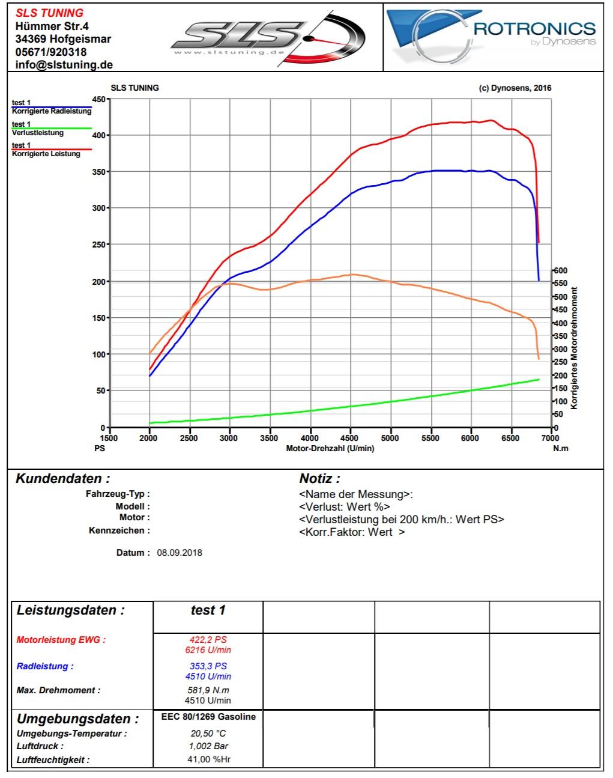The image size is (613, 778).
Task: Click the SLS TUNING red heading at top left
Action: pos(49,13)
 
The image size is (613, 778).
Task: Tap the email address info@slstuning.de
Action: pos(64,65)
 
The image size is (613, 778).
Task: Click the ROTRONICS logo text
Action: pos(534,28)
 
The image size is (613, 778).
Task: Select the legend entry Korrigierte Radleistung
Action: pos(52,111)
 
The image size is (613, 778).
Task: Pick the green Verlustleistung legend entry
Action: pos(38,132)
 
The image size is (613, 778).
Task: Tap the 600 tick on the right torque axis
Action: pos(560,270)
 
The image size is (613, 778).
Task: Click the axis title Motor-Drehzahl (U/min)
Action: pos(330,448)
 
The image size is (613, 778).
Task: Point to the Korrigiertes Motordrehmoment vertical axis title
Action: pos(574,348)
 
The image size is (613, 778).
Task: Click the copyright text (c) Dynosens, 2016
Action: pos(515,88)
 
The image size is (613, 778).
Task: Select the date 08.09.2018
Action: pos(180,553)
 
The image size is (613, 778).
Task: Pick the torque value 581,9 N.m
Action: pos(208,690)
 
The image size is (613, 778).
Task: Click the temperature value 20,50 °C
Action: pos(208,734)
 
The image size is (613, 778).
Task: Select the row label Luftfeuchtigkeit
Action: pos(53,760)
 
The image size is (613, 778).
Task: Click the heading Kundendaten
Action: pos(62,479)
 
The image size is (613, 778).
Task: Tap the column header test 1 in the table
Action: pos(208,610)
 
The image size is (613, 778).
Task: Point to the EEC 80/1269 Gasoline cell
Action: pos(208,717)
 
